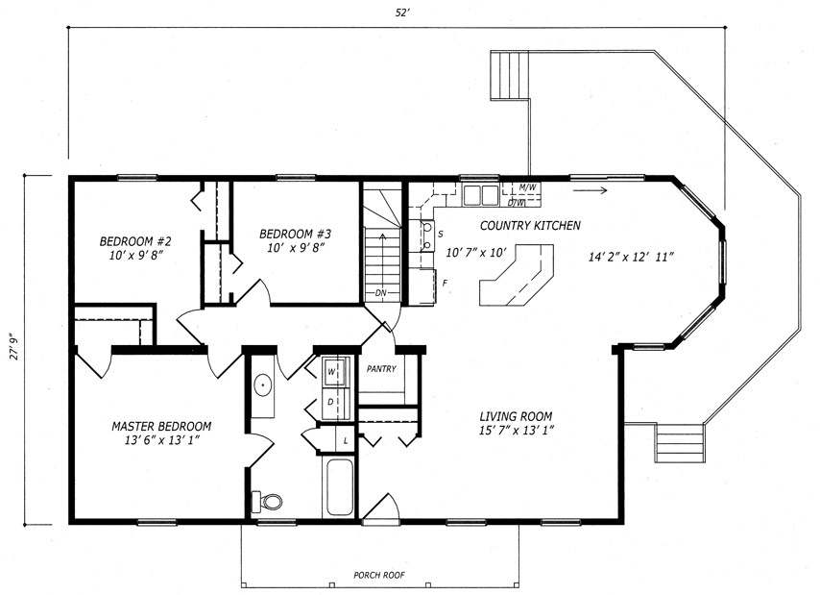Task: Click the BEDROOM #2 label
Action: [x=135, y=242]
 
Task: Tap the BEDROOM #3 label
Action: [x=296, y=234]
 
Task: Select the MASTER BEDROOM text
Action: [x=161, y=427]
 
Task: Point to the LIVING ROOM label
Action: [x=517, y=416]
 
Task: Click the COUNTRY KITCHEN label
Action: [x=530, y=226]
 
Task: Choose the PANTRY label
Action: [x=381, y=369]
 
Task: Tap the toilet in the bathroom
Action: [x=267, y=502]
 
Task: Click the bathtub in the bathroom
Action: [x=339, y=487]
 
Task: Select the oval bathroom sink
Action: [x=262, y=386]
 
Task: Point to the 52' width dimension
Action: [x=401, y=13]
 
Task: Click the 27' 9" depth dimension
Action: [x=14, y=346]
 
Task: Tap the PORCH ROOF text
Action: [x=379, y=575]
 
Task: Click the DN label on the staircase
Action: [x=380, y=293]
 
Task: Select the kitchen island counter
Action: [x=517, y=274]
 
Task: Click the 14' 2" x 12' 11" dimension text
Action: [x=631, y=257]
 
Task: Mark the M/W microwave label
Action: [x=527, y=186]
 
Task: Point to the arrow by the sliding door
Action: [x=590, y=190]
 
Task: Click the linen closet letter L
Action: [x=345, y=441]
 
